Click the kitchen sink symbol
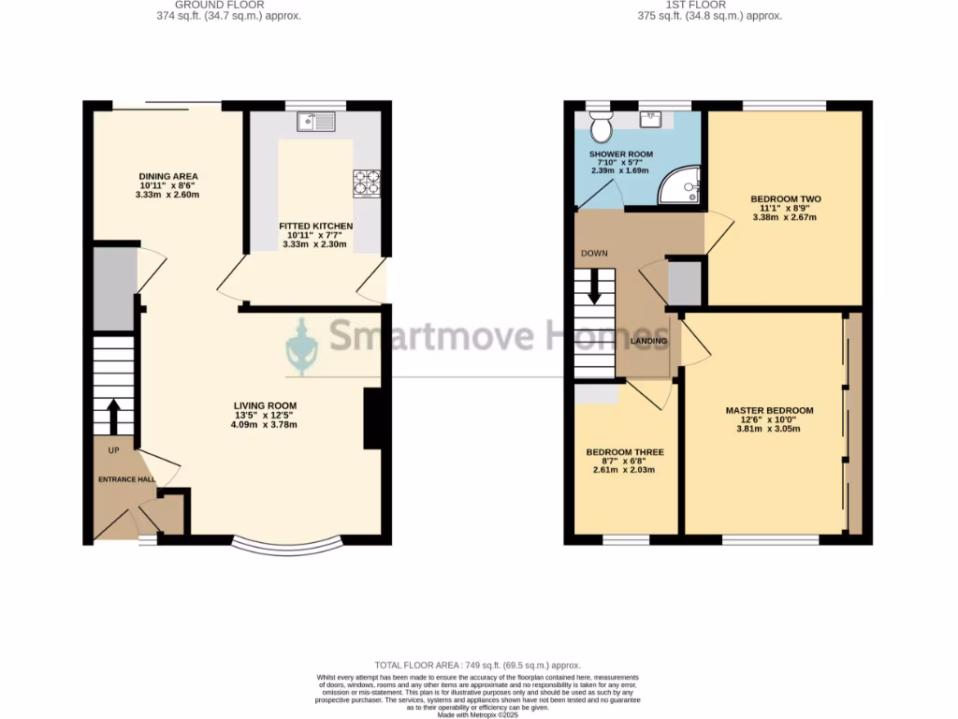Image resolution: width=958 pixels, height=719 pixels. (x=316, y=121)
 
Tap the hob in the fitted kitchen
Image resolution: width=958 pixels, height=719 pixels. (x=366, y=182)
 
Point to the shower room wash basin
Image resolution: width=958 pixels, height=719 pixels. (x=651, y=118)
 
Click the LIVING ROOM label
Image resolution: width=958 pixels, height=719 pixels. (x=265, y=405)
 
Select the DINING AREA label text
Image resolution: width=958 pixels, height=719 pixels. (x=168, y=176)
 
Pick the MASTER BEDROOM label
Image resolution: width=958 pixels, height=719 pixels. (x=769, y=410)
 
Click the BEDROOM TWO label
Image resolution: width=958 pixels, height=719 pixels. (x=785, y=198)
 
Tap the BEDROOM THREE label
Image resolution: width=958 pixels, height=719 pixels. (x=625, y=452)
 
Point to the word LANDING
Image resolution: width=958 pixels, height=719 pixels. (x=648, y=341)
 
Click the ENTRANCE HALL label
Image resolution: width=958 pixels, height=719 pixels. (x=127, y=479)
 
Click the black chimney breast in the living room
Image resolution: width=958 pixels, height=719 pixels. (x=371, y=419)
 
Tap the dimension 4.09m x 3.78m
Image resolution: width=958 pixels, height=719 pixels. (x=265, y=425)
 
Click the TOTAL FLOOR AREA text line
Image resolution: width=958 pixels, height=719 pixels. (x=478, y=663)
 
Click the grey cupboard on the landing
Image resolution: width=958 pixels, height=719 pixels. (x=684, y=284)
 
